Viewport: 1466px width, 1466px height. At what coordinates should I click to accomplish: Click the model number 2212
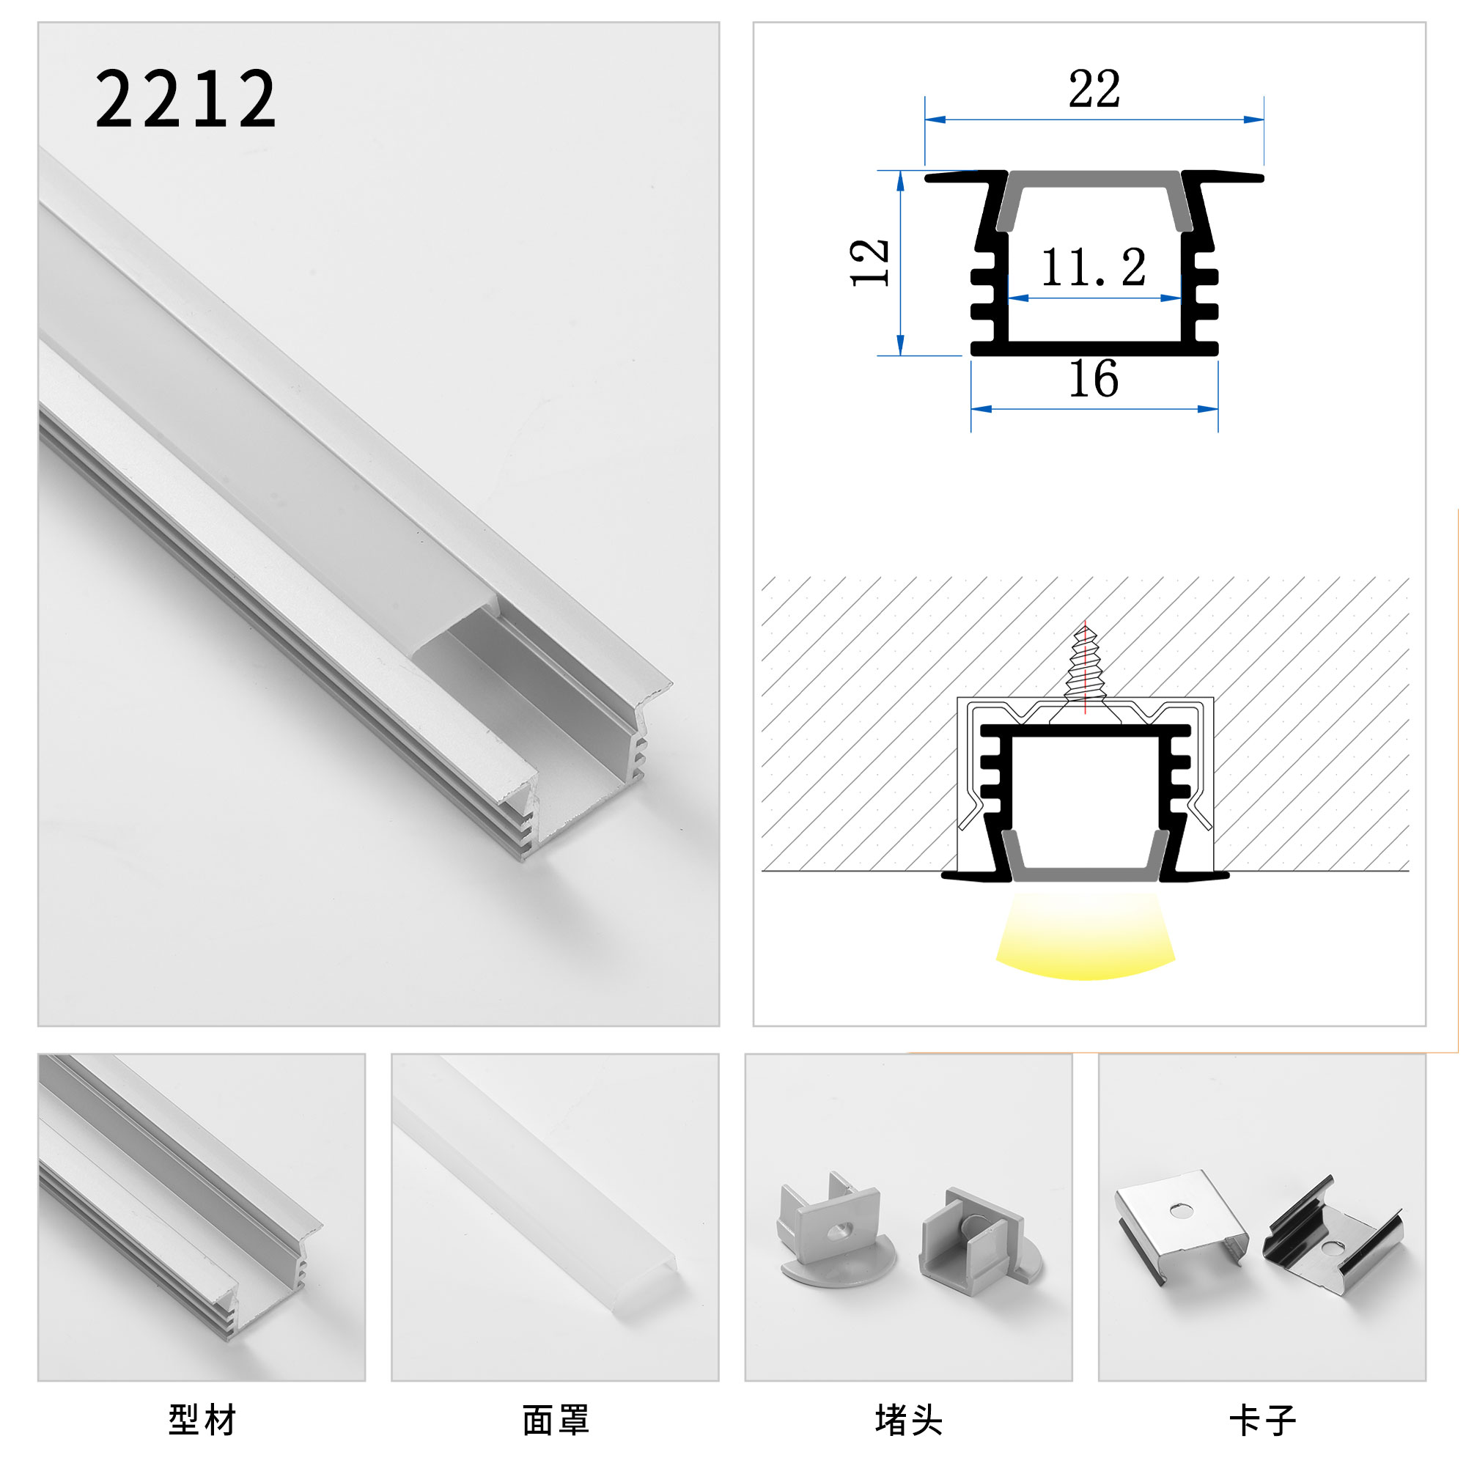[185, 99]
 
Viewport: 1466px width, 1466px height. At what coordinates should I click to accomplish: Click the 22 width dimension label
[1094, 89]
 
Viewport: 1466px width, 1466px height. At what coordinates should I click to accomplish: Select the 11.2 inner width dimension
[1093, 268]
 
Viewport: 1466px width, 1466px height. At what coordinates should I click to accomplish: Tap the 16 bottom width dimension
[1094, 379]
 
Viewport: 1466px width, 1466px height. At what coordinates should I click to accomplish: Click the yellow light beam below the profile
[1085, 937]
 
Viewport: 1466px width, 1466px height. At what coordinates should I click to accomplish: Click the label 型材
[202, 1420]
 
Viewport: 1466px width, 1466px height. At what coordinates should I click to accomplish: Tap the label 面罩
[556, 1420]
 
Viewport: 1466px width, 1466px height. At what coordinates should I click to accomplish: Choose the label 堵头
[908, 1420]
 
